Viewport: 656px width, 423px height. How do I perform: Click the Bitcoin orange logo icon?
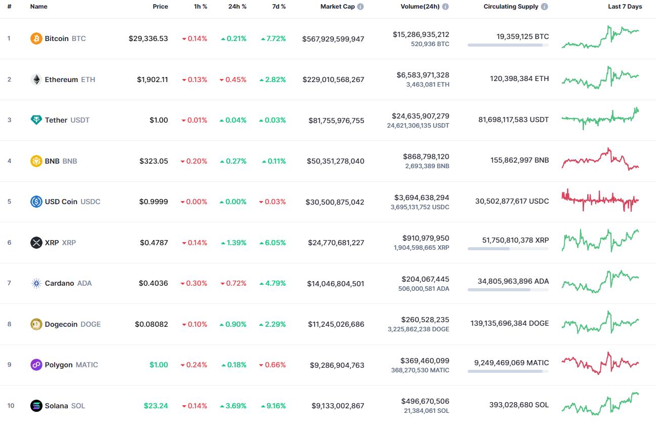tap(36, 39)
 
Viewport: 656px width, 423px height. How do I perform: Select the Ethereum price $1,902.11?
tap(152, 80)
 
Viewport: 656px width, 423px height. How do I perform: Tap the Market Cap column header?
tap(337, 7)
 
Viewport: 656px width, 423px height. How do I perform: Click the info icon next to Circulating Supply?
tap(544, 7)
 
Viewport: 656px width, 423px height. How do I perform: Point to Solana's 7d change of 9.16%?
tap(273, 406)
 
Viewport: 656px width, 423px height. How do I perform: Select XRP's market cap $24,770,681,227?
tap(336, 243)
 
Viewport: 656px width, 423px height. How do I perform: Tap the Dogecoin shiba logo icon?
tap(36, 324)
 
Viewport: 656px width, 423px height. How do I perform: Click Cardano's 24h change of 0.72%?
tap(233, 283)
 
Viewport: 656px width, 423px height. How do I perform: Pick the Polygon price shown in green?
tap(158, 365)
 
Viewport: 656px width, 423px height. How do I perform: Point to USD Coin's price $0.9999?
tap(153, 202)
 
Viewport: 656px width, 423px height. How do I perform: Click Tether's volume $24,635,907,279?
tap(420, 116)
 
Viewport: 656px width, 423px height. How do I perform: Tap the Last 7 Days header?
tap(625, 7)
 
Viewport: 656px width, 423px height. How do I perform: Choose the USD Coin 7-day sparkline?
tap(600, 200)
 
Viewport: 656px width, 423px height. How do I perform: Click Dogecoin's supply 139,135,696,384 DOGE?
tap(509, 323)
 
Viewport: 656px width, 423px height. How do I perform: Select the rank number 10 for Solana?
tap(11, 406)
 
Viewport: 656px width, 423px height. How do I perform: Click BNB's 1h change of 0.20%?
tap(194, 161)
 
